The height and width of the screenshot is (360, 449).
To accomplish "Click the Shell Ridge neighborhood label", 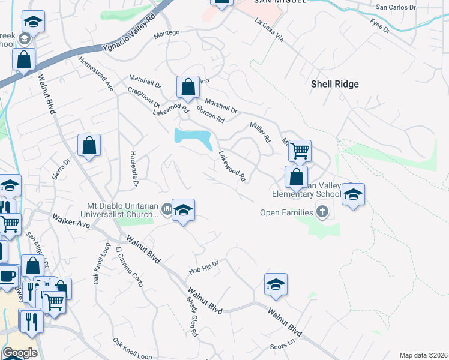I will pos(334,84).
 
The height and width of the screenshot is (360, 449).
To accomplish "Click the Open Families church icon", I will pos(322,212).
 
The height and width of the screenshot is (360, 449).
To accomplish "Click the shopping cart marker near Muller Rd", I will pos(299,151).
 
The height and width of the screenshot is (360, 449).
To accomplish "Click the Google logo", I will pos(20,353).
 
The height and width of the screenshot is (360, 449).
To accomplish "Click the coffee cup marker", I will pos(7,276).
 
